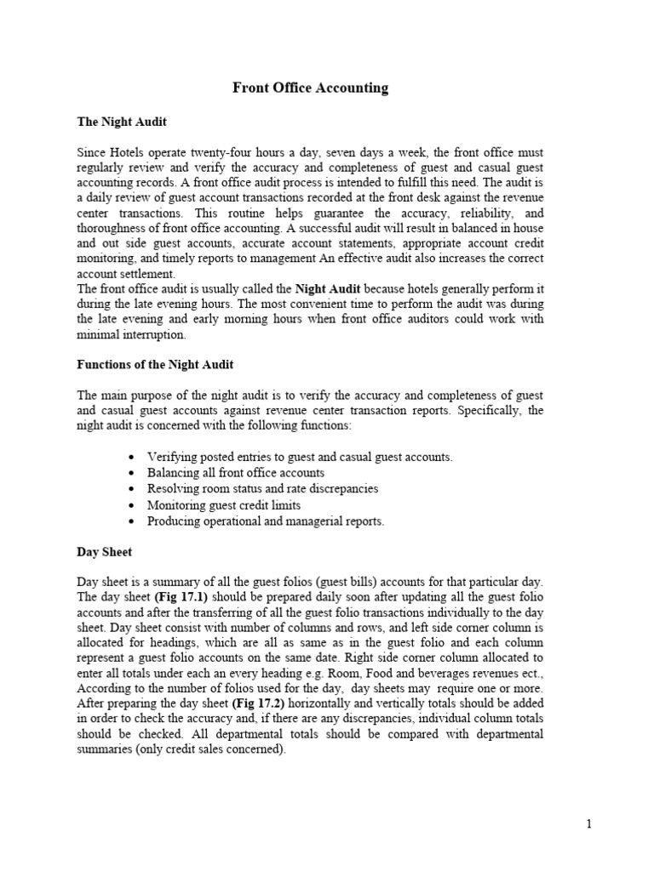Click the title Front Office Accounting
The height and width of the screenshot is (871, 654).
[311, 88]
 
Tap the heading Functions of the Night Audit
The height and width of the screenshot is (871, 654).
[155, 364]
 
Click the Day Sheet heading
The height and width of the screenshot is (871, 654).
[105, 552]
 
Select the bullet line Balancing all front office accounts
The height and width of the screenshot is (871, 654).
[236, 473]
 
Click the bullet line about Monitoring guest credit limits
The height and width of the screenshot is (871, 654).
[226, 505]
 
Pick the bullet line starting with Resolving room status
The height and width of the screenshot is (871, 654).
[262, 489]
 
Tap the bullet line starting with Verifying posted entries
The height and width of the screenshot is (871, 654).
[300, 457]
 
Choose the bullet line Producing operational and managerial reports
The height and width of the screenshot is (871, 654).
[266, 521]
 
